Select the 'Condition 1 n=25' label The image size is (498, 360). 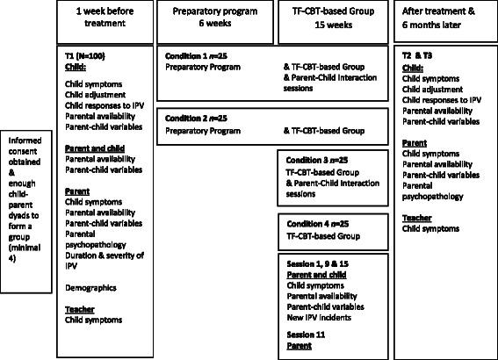pos(194,55)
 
